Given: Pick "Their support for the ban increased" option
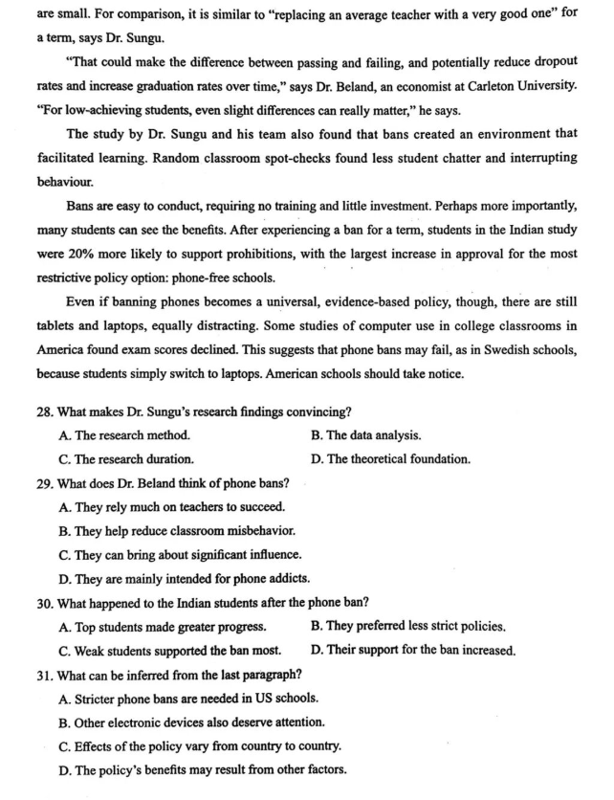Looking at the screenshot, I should pyautogui.click(x=413, y=651).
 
